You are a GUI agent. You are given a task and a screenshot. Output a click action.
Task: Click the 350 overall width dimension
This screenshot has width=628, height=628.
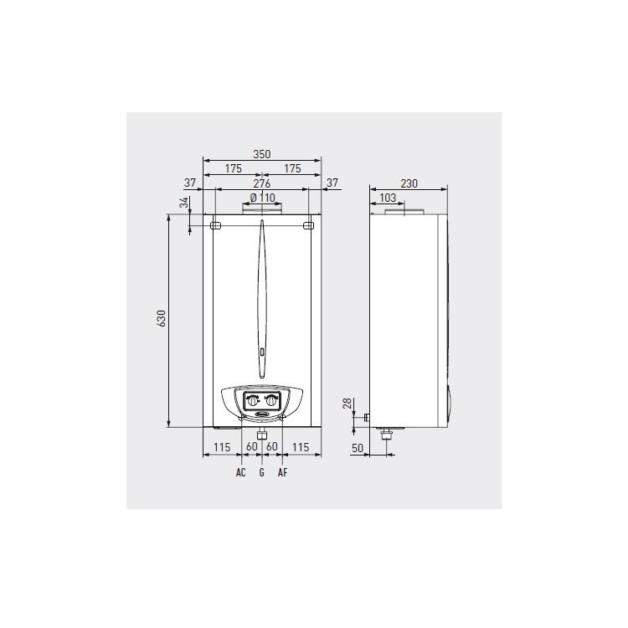point(262,154)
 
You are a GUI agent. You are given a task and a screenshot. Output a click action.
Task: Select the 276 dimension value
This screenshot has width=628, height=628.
point(262,183)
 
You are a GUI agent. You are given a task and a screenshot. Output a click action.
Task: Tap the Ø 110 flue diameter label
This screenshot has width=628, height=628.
point(261,198)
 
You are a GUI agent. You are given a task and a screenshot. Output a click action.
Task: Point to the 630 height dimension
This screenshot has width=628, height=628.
point(162,319)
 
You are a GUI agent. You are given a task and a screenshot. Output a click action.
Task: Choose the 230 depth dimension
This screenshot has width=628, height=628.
point(409,183)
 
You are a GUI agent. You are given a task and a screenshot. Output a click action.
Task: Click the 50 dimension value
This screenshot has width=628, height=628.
point(358,449)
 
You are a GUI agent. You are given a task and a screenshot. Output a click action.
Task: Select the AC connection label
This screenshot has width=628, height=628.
point(240,473)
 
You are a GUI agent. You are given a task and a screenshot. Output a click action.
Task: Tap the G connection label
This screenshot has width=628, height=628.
point(262,473)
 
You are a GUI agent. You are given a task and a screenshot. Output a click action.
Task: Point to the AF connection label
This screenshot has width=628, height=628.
point(282,473)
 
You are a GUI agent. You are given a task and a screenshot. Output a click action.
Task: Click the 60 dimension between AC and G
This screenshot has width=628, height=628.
point(251,448)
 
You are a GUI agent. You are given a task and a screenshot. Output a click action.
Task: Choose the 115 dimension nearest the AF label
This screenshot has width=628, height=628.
point(301,448)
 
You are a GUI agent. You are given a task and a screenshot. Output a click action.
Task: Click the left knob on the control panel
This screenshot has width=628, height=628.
point(252,400)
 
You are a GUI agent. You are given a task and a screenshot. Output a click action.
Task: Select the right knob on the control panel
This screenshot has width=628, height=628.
point(272,400)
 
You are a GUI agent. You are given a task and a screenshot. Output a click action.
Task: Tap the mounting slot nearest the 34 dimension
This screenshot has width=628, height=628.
point(215,225)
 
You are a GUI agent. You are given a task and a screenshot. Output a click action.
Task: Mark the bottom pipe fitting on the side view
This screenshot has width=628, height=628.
point(387,434)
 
